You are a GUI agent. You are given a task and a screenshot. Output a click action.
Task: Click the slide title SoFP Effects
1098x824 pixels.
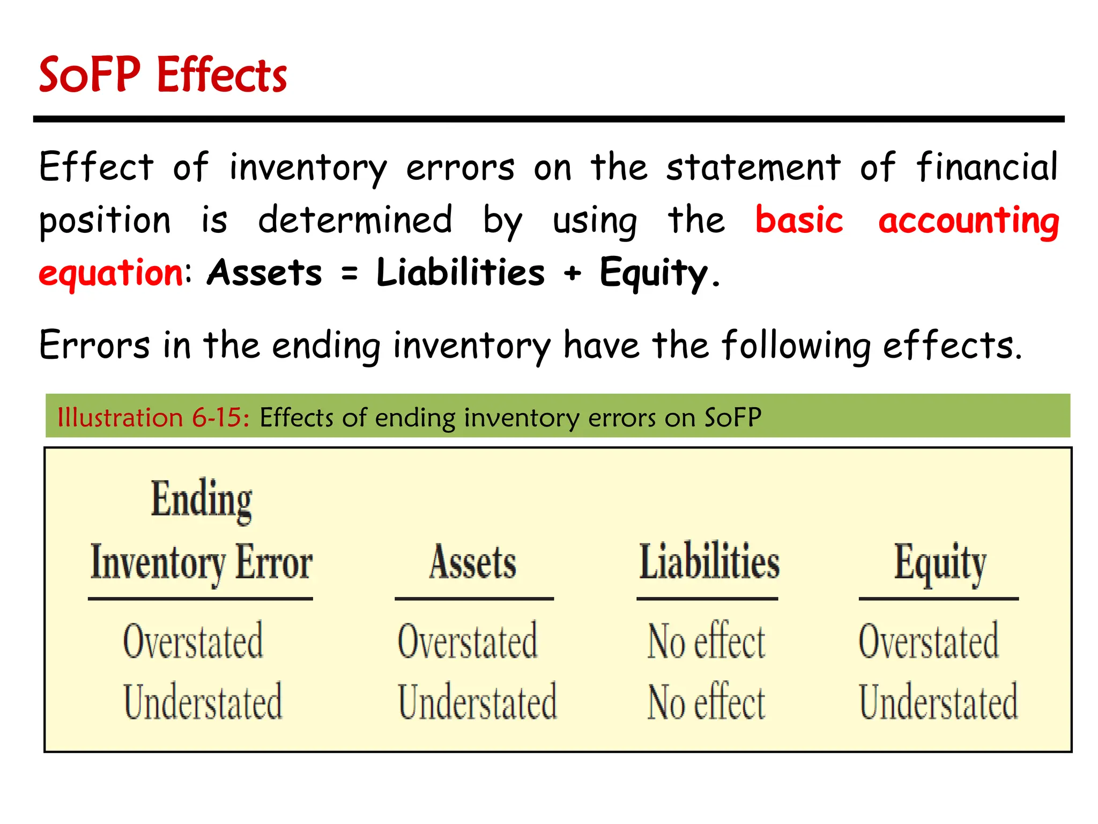coord(163,75)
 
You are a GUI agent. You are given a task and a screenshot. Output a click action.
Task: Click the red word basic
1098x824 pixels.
coord(799,220)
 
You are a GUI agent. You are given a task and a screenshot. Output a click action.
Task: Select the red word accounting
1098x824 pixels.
coord(968,221)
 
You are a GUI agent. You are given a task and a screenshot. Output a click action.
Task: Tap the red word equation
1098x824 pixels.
coord(112,273)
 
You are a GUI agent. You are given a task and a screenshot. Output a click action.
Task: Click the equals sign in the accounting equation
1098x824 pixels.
coord(350,273)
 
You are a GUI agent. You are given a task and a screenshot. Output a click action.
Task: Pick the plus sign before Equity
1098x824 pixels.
coord(572,273)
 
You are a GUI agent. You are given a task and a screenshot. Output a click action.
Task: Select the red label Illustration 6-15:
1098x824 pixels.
coord(153,417)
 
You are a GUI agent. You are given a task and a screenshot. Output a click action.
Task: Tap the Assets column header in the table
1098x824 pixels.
coord(473,562)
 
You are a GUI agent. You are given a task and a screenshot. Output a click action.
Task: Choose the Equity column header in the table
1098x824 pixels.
coord(940,562)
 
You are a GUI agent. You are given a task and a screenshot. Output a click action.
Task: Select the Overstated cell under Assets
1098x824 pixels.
coord(468,641)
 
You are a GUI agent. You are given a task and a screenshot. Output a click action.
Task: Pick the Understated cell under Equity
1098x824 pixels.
coord(938,702)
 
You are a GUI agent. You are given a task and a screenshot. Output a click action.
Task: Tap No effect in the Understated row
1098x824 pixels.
coord(706,702)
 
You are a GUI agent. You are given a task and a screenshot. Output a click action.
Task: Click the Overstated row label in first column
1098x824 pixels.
coord(193,641)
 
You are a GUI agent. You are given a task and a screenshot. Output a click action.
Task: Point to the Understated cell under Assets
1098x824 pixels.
coord(477,702)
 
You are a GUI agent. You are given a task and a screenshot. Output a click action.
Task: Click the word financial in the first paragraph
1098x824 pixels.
coord(986,166)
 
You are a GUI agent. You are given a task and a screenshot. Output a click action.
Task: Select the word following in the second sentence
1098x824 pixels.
coord(796,345)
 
